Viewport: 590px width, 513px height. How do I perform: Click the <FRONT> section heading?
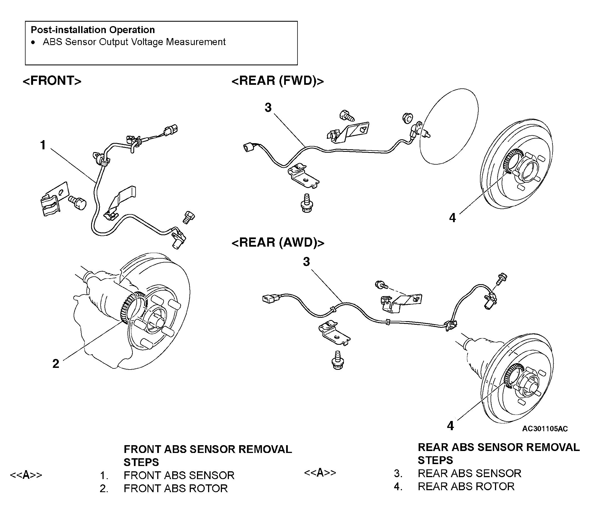(x=52, y=81)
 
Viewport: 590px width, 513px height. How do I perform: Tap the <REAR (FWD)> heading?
(x=278, y=81)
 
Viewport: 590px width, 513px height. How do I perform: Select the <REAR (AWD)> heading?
(x=278, y=242)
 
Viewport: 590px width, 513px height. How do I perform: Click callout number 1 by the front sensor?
(x=43, y=145)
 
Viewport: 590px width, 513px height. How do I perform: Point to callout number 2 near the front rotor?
(x=56, y=364)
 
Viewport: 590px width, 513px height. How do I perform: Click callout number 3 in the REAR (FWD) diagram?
(x=268, y=108)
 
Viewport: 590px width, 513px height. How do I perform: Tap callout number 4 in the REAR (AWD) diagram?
(x=451, y=426)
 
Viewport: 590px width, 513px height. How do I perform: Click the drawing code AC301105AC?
(x=545, y=428)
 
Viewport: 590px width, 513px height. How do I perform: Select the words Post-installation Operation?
(x=93, y=30)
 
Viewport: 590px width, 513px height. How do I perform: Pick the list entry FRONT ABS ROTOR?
(x=176, y=488)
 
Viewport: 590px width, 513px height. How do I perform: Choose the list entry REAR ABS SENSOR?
(x=469, y=473)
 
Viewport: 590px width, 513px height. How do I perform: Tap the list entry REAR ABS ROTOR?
(x=466, y=486)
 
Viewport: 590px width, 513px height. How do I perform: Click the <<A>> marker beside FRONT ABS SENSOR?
(x=26, y=475)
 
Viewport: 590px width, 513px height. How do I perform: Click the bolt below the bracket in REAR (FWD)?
(x=307, y=203)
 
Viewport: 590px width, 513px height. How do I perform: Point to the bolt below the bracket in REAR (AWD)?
(x=338, y=360)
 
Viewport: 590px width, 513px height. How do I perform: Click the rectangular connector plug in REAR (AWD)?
(x=270, y=299)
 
